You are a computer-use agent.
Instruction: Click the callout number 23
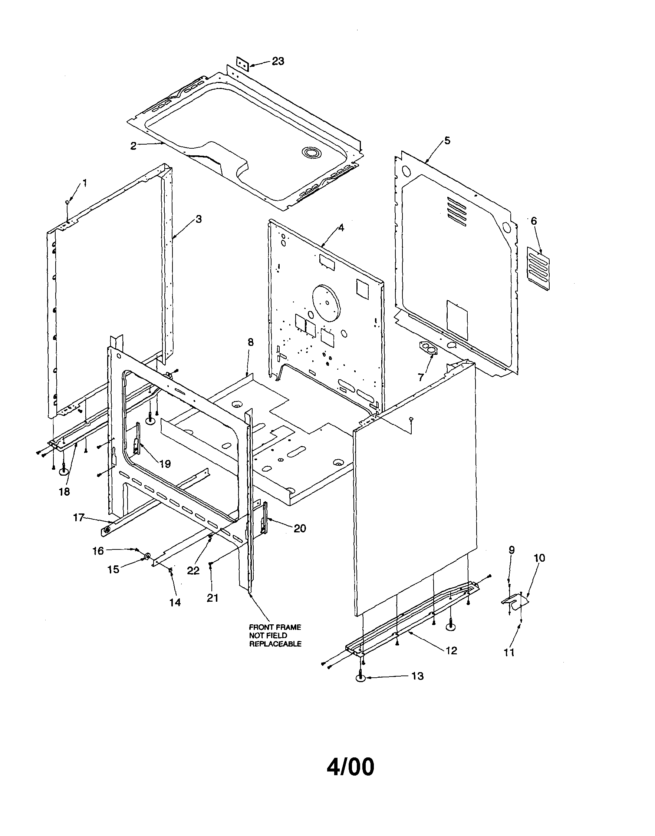pyautogui.click(x=278, y=61)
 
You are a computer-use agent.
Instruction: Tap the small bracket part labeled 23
pyautogui.click(x=242, y=64)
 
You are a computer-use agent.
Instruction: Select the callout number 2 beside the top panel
pyautogui.click(x=133, y=146)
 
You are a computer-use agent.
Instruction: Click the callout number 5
pyautogui.click(x=448, y=141)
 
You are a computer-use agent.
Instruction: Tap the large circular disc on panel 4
pyautogui.click(x=327, y=303)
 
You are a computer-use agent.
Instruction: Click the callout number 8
pyautogui.click(x=250, y=342)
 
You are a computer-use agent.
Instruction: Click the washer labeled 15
pyautogui.click(x=147, y=556)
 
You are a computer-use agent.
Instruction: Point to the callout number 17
pyautogui.click(x=78, y=518)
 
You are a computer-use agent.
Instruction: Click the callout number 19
pyautogui.click(x=165, y=464)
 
